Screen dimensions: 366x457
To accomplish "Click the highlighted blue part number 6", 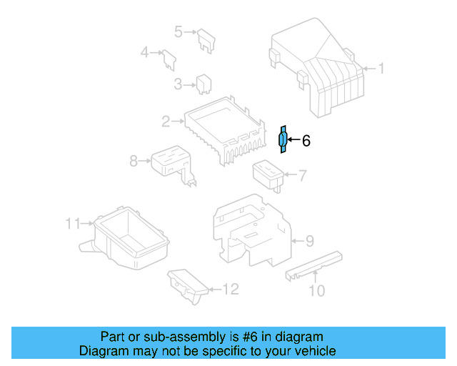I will tap(283, 139).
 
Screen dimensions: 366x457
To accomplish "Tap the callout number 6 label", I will tap(306, 142).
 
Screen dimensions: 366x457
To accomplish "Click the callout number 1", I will tap(381, 69).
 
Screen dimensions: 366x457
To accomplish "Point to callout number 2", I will tap(166, 122).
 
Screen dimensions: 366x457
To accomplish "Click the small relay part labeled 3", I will tap(202, 84).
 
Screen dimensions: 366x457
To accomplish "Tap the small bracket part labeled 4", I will tap(169, 58).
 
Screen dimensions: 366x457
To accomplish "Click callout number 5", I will tap(179, 31).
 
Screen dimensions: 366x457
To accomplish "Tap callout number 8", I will tap(134, 162).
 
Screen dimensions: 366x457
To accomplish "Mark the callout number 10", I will tap(316, 290).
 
